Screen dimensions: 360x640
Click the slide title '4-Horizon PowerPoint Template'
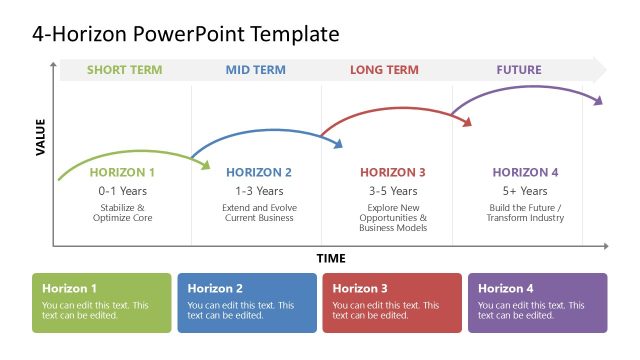point(186,35)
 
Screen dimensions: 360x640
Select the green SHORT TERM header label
point(124,70)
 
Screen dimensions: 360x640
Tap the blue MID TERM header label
point(255,70)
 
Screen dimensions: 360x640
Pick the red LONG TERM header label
point(384,70)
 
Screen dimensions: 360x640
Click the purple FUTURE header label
point(518,70)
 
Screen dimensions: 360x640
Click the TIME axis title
point(331,258)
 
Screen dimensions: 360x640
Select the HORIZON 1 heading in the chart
point(123,172)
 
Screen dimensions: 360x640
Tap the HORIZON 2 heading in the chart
point(259,172)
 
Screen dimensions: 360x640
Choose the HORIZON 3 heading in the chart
point(393,172)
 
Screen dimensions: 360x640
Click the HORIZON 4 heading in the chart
point(525,172)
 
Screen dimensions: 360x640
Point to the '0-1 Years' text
point(123,190)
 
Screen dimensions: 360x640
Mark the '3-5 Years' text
point(393,190)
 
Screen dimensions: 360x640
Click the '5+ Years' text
point(525,190)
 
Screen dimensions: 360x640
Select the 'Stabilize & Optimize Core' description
point(123,212)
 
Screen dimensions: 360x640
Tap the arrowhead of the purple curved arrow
point(600,100)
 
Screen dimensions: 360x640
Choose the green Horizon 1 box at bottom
point(101,302)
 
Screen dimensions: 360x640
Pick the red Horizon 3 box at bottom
point(392,302)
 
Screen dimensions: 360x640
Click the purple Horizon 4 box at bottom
point(537,302)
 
